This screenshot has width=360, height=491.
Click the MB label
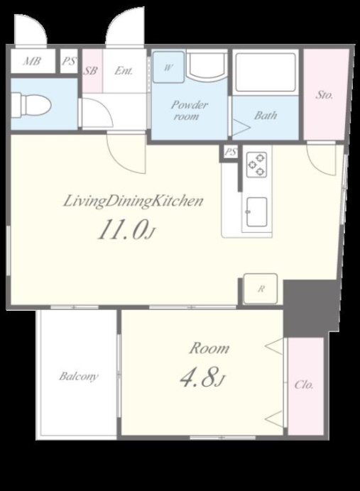(32, 61)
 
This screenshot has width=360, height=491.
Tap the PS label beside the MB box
(69, 61)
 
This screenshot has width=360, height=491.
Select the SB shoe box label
(90, 71)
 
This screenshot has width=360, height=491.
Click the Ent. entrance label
(124, 70)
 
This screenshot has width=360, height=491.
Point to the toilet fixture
(31, 105)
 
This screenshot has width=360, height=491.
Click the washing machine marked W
(168, 67)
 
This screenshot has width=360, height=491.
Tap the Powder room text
(189, 110)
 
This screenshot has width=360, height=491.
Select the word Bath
(266, 115)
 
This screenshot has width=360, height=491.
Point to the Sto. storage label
(324, 95)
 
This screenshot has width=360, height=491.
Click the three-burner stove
(257, 164)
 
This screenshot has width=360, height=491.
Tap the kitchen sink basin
(256, 212)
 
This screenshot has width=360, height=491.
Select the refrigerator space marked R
(261, 289)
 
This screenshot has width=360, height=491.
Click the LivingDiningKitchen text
(133, 202)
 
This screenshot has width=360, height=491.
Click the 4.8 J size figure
(202, 377)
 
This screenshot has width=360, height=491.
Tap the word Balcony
(79, 376)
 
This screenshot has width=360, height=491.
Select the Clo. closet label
(304, 385)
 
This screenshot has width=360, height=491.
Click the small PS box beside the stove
(231, 153)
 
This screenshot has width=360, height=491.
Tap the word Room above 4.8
(209, 348)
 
